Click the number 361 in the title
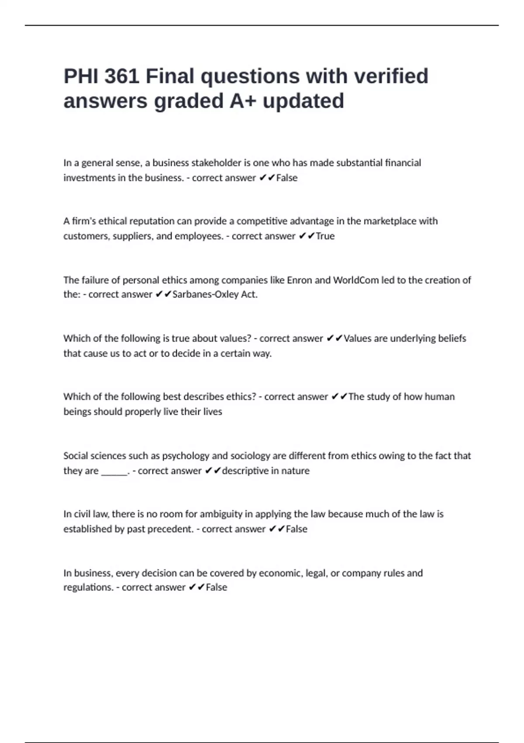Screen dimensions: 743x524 (122, 76)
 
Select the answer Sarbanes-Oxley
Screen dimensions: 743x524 (206, 295)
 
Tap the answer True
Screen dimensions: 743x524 (325, 236)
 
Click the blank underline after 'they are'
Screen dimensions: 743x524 (114, 471)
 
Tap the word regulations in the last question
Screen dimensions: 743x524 (88, 587)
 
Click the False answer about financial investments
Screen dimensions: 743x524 (287, 178)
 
